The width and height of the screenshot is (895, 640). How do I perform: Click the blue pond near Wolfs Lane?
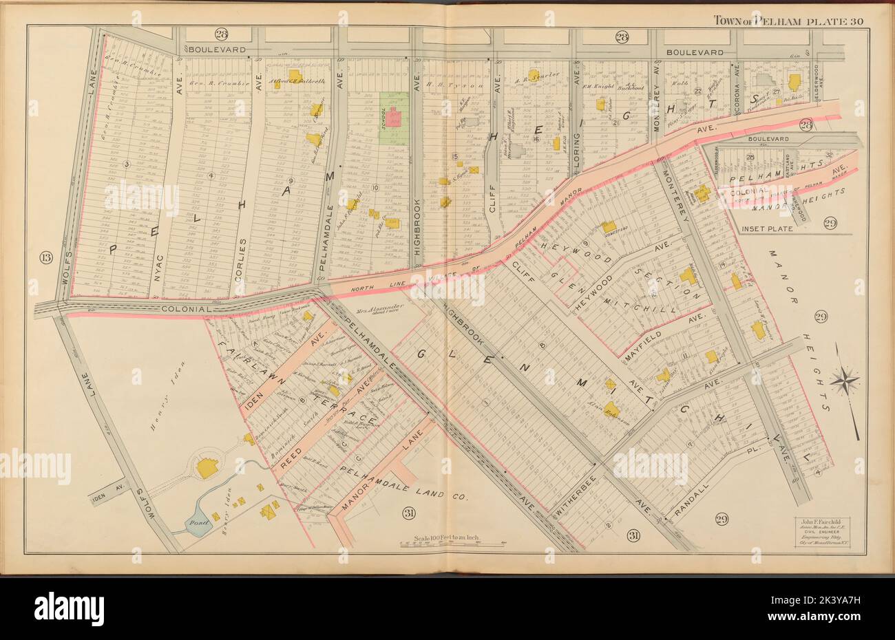196,524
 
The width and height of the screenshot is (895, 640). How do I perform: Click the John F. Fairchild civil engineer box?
825,533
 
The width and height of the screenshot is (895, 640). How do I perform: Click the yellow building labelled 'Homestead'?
609,226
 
